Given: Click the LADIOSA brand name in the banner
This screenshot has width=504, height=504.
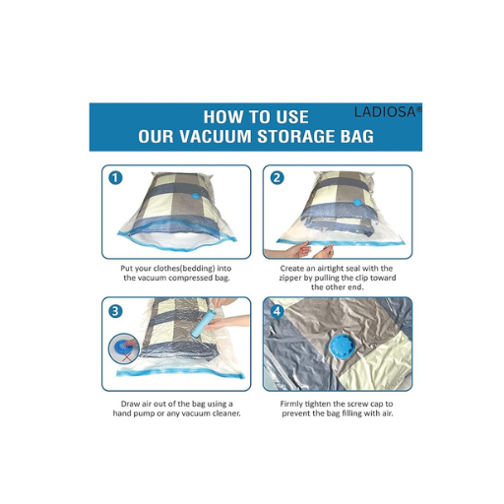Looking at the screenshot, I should coord(387,112).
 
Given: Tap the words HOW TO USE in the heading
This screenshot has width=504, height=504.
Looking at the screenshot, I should coord(251,113).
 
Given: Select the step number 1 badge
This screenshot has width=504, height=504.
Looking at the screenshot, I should coord(115,178).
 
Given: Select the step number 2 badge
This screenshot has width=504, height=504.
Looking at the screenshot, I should coord(277,178).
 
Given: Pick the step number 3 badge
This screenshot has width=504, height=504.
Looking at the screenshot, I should coord(115,311).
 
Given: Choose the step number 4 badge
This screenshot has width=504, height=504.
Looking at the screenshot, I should coord(277,311).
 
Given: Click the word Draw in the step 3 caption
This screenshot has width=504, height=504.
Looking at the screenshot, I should coord(124,402).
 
